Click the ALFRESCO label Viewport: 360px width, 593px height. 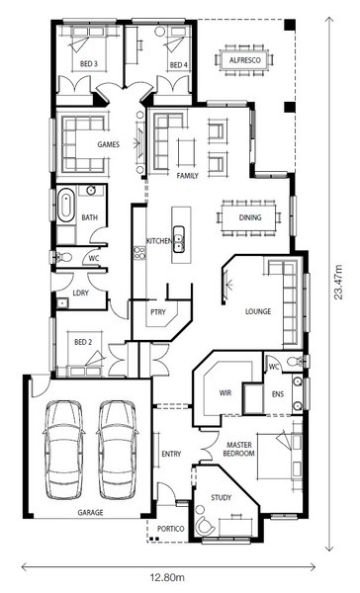pos(245,60)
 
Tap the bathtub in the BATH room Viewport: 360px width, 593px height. pos(65,206)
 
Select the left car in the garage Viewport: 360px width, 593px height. pos(63,450)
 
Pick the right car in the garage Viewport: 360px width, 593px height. pos(117,450)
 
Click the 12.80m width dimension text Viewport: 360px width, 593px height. pos(167,577)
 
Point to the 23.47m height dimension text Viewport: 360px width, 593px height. pos(338,282)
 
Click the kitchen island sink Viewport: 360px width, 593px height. pos(178,239)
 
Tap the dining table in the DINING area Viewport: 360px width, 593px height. pos(249,217)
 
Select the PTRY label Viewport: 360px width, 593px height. pos(158,311)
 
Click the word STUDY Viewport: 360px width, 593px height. pos(222,497)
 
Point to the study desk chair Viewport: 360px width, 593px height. pos(205,524)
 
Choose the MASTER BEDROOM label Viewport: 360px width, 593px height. pos(239,449)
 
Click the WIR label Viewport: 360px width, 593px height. pos(225,392)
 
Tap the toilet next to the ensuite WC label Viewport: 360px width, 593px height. pos(295,362)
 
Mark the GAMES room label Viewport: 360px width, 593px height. pos(108,144)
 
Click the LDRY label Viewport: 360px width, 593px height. pos(81,293)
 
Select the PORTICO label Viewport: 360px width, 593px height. pos(171,529)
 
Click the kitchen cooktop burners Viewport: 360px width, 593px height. pos(139,252)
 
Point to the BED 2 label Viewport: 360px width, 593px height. pos(83,342)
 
